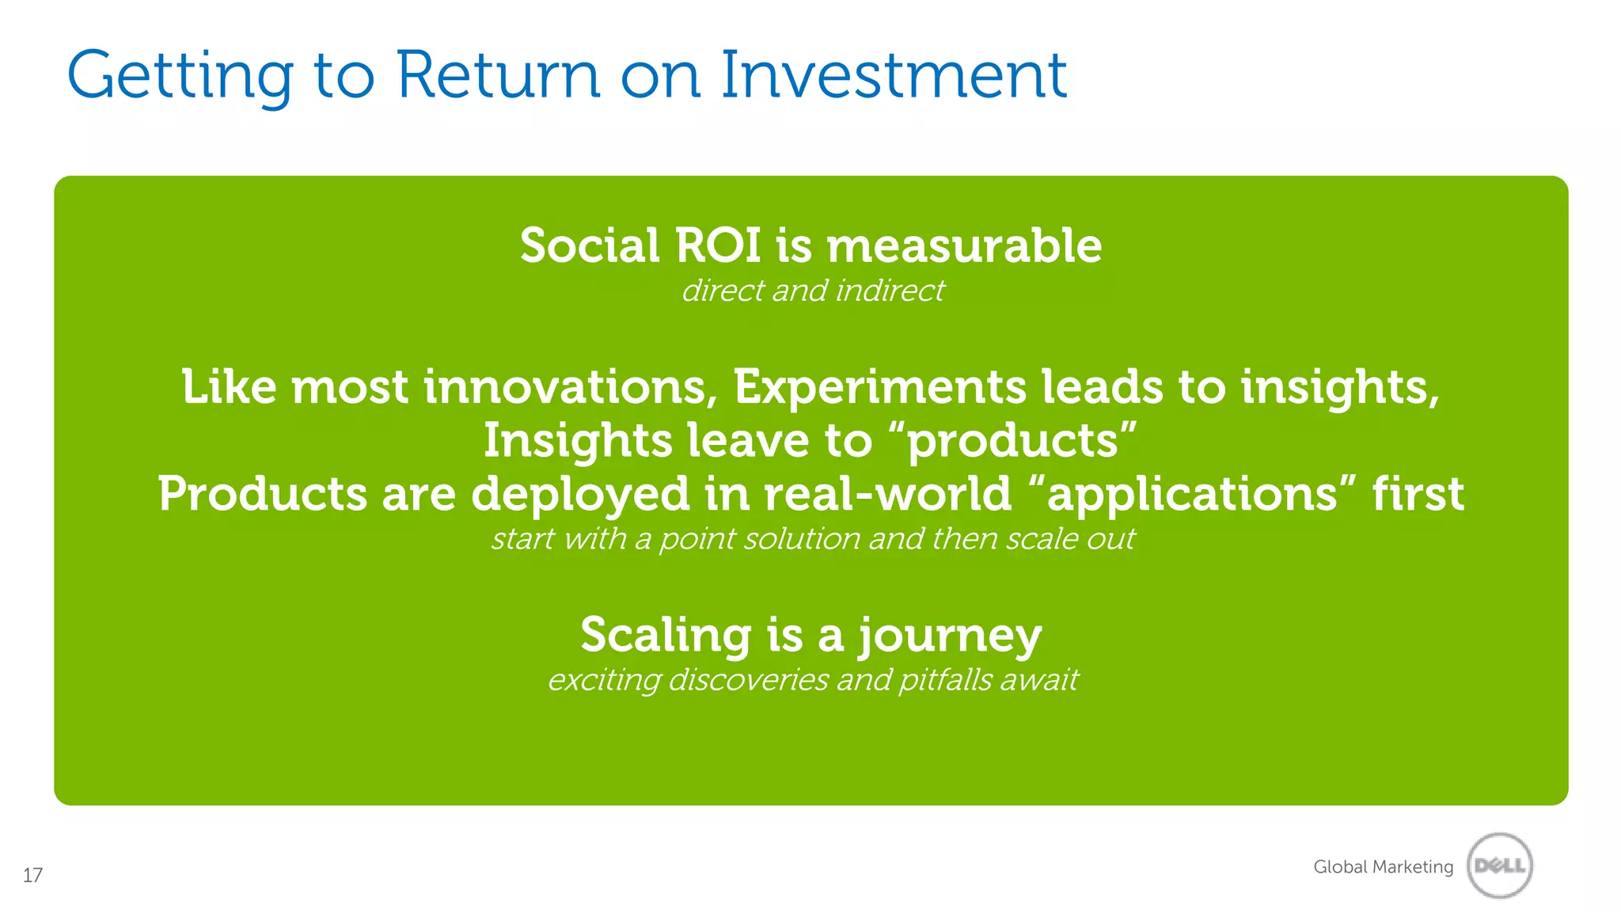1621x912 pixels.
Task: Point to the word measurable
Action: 963,245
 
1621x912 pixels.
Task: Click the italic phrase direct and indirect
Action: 813,291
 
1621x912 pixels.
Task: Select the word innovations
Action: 564,387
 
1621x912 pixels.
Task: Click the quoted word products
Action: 1012,441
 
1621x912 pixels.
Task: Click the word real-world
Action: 887,494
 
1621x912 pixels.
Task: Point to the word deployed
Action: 580,495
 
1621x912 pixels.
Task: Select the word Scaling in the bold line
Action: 666,635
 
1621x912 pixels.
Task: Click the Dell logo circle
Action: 1499,866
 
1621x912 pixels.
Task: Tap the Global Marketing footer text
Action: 1383,867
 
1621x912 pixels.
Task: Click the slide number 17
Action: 32,876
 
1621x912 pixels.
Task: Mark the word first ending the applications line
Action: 1418,494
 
